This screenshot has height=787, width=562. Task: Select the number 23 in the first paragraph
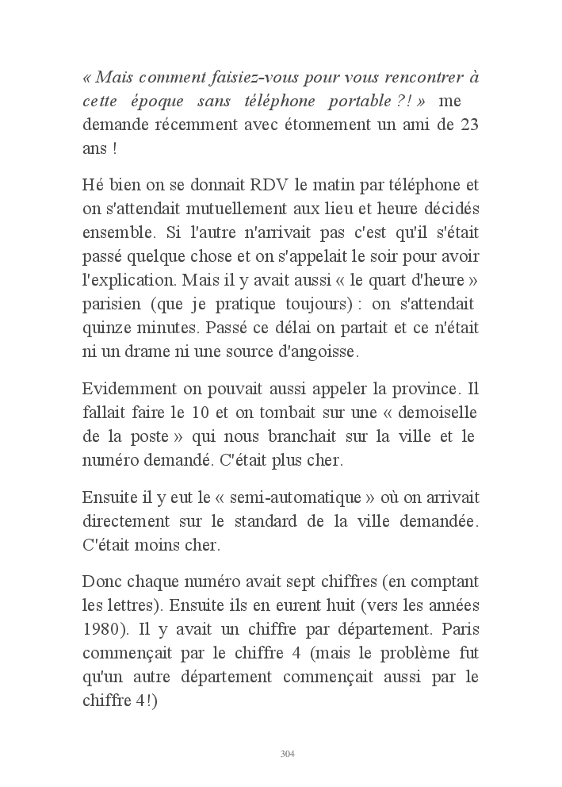coord(468,125)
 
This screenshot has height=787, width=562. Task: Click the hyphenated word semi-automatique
coord(292,498)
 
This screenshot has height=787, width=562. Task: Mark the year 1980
coord(103,631)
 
